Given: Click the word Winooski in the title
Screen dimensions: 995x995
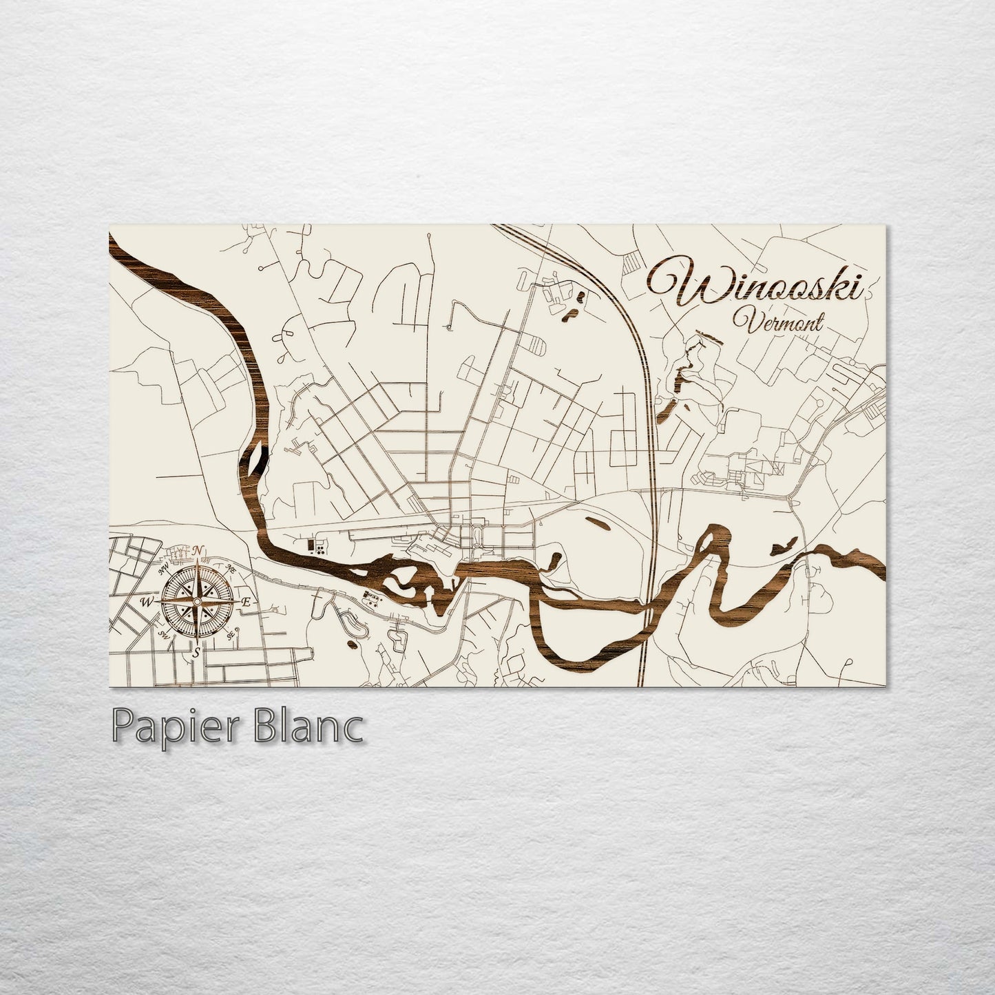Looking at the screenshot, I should [x=754, y=284].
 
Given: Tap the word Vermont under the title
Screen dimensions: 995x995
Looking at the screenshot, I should [x=778, y=321].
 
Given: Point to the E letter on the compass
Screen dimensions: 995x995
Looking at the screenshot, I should [x=247, y=603].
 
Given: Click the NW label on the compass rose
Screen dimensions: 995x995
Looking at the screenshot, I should [x=165, y=569].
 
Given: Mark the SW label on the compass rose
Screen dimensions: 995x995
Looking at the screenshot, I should [x=164, y=634].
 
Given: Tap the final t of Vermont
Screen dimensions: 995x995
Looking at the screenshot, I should [x=819, y=322].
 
